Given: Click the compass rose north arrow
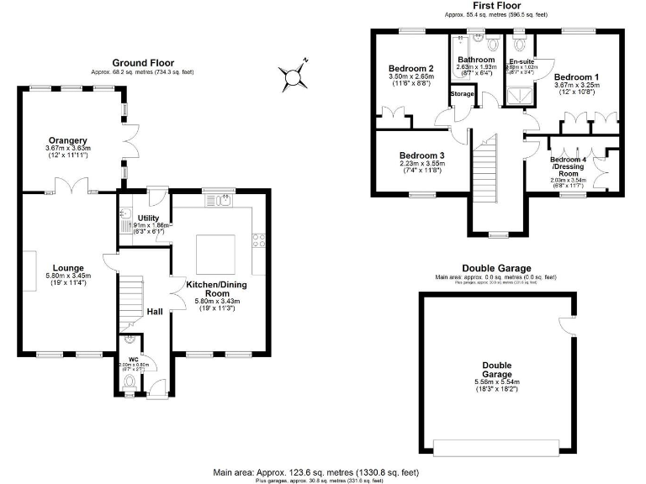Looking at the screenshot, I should (x=294, y=77).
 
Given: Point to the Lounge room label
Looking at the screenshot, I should (x=69, y=267).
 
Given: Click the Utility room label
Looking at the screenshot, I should (x=148, y=218).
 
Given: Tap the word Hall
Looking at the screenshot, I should (x=155, y=312).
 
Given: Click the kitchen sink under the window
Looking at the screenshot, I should (x=223, y=200).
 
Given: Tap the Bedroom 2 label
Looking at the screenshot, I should (x=410, y=69).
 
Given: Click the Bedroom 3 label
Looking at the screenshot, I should (x=421, y=155).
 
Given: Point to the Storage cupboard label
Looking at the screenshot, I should (x=462, y=94).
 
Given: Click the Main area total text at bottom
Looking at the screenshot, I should (x=315, y=472).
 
